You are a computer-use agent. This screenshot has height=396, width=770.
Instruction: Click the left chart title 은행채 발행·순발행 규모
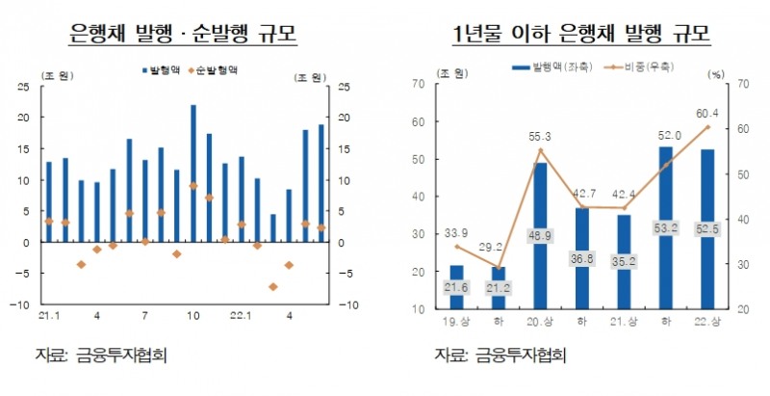click(183, 35)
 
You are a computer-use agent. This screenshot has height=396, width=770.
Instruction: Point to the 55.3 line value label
click(540, 137)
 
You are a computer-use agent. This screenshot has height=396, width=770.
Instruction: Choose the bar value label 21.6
click(456, 288)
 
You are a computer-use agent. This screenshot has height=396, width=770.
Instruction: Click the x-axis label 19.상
click(456, 320)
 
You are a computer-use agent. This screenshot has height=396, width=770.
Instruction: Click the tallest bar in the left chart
click(193, 173)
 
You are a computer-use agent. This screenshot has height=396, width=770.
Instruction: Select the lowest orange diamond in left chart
click(273, 286)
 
